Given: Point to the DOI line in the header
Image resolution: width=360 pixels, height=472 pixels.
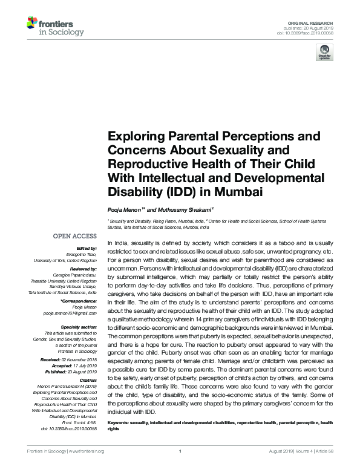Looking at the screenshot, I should click(x=318, y=32).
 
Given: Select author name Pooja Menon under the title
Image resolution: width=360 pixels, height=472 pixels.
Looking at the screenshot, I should click(x=123, y=207).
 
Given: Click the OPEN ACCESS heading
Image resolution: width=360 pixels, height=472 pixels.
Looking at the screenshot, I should click(x=74, y=236).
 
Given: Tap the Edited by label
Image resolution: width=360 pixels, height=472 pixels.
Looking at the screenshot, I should click(x=88, y=248).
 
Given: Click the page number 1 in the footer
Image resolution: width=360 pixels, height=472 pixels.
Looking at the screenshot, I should click(x=180, y=468).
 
